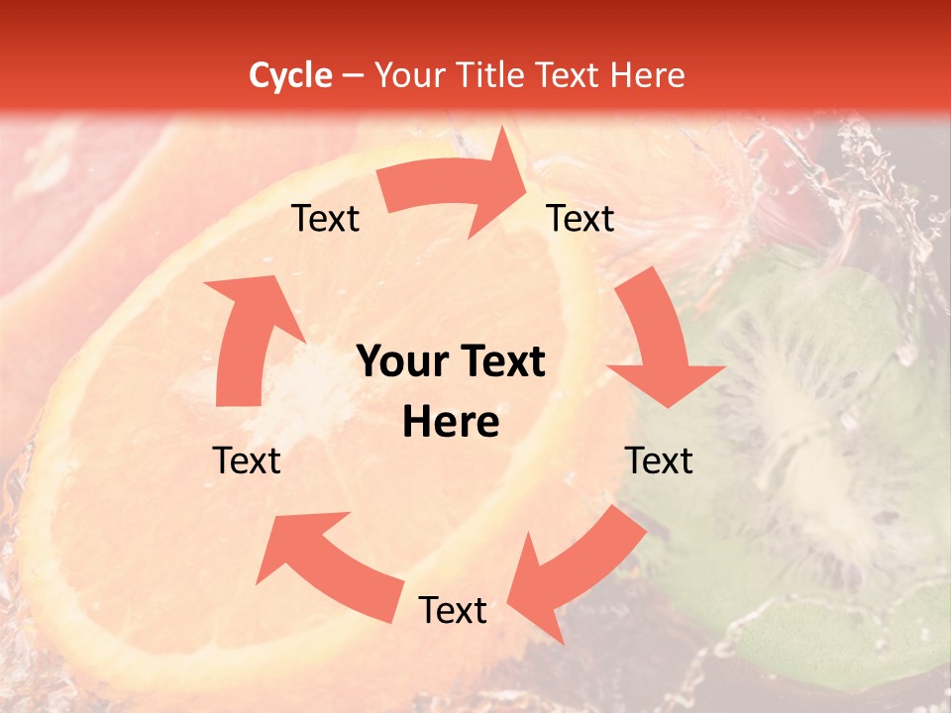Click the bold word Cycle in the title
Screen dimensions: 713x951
click(x=290, y=75)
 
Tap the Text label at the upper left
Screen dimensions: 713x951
click(x=325, y=219)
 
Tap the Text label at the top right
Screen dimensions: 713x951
click(x=581, y=219)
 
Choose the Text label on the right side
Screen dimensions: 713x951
click(x=659, y=460)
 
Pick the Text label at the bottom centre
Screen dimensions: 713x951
click(x=453, y=611)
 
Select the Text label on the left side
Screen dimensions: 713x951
click(x=247, y=460)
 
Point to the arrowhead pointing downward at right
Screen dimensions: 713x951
click(x=666, y=381)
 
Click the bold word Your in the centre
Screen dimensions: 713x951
click(x=401, y=362)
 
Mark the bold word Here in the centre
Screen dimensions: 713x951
click(x=451, y=423)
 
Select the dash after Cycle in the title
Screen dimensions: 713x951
click(x=353, y=75)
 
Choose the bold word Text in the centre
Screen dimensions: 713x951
click(x=500, y=362)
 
